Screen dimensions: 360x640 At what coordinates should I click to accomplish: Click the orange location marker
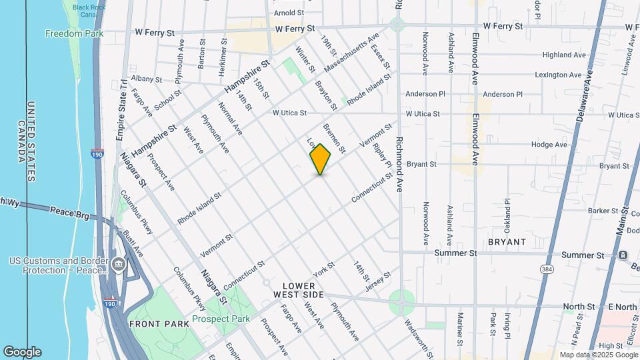pyautogui.click(x=321, y=159)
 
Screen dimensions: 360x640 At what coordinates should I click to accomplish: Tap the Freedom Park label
pyautogui.click(x=73, y=33)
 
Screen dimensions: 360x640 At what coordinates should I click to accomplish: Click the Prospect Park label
pyautogui.click(x=221, y=319)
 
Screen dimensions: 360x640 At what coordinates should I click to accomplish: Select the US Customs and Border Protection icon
pyautogui.click(x=118, y=265)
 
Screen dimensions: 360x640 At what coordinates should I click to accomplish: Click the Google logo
pyautogui.click(x=22, y=352)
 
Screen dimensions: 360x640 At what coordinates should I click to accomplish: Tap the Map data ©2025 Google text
pyautogui.click(x=598, y=355)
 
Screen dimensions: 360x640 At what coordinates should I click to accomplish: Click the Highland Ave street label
pyautogui.click(x=563, y=55)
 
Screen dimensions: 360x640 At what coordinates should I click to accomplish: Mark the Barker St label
pyautogui.click(x=585, y=211)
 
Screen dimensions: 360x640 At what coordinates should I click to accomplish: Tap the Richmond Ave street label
pyautogui.click(x=399, y=165)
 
